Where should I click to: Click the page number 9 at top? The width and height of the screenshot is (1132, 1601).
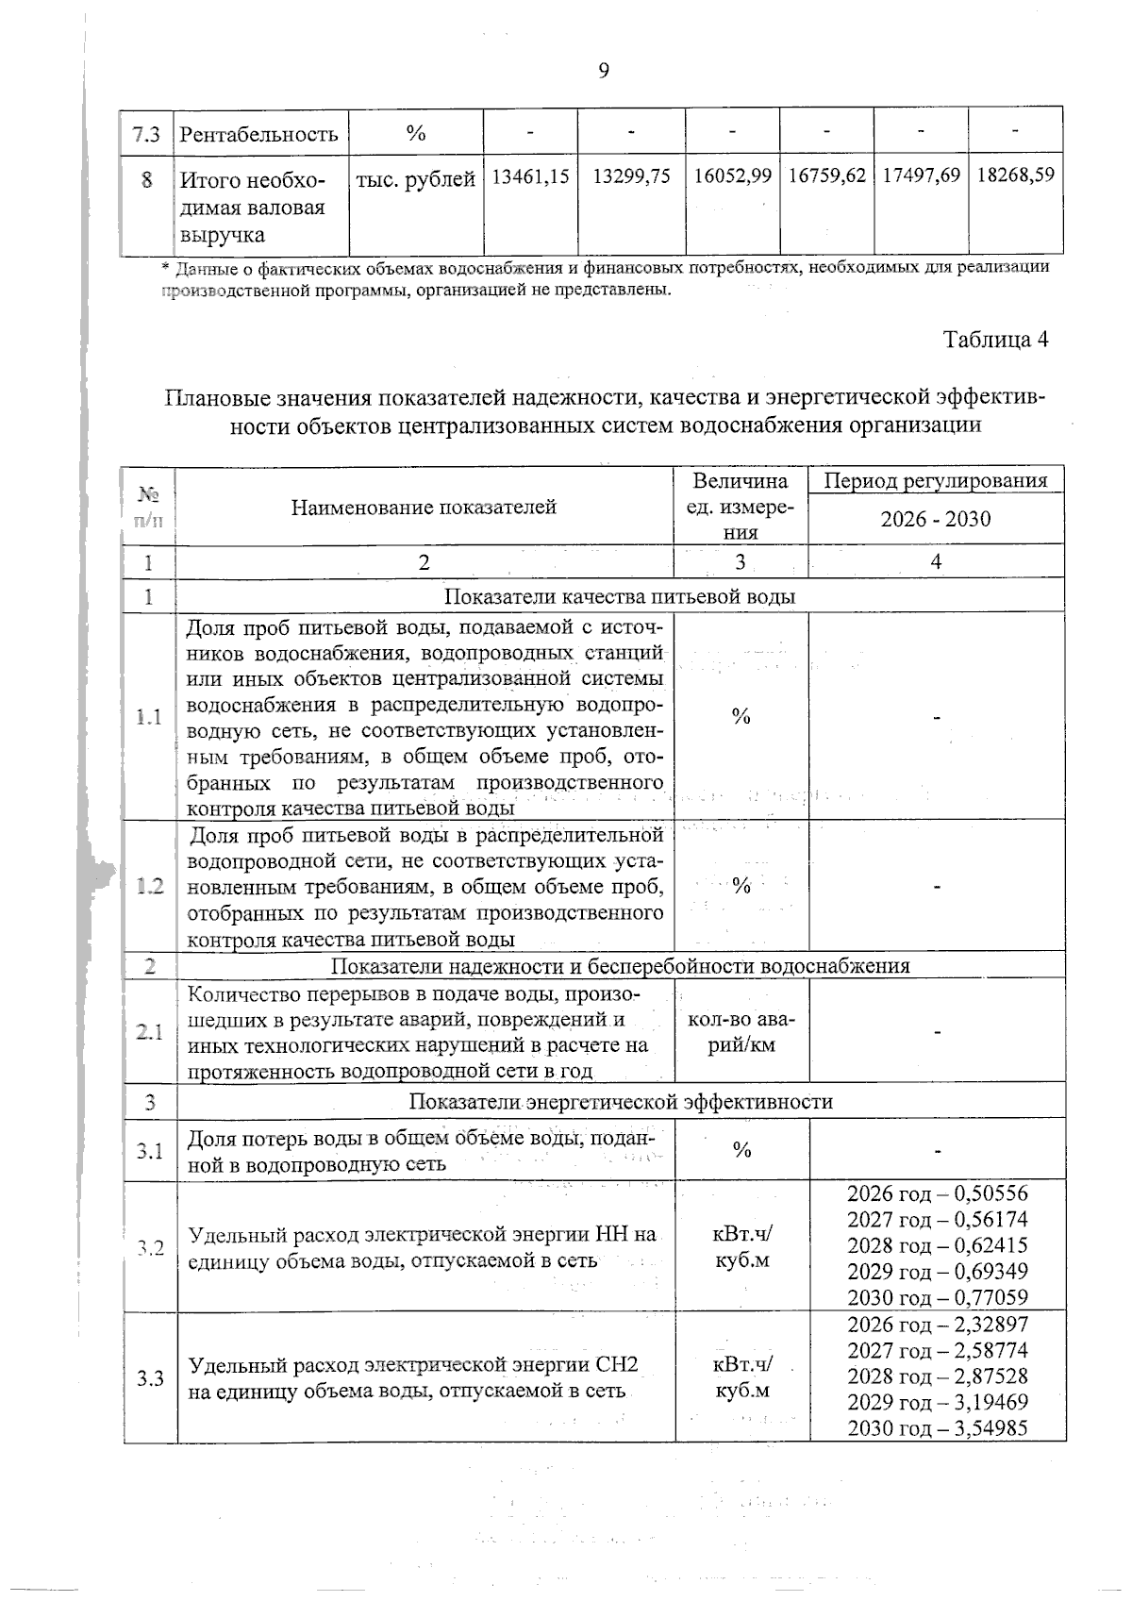click(604, 71)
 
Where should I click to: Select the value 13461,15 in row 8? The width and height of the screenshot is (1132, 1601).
click(529, 176)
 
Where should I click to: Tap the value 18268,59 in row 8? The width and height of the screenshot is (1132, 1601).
click(1015, 175)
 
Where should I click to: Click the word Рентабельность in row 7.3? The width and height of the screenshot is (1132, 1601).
click(258, 134)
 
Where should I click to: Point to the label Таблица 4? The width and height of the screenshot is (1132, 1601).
click(996, 340)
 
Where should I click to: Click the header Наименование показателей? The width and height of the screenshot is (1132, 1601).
click(424, 507)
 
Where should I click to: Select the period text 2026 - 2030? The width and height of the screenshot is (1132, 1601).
click(936, 519)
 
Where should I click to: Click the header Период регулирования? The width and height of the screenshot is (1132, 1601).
click(936, 480)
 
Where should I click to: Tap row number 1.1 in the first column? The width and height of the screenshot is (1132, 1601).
click(148, 717)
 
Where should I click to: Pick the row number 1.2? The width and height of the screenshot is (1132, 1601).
click(149, 887)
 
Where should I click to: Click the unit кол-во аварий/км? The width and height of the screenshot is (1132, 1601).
click(741, 1032)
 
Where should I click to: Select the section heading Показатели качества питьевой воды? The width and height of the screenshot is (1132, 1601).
click(620, 596)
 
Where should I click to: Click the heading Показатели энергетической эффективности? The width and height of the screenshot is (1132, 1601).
click(621, 1102)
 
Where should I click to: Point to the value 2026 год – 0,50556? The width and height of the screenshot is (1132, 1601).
click(937, 1192)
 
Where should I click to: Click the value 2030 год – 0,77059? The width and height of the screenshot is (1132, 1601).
click(937, 1297)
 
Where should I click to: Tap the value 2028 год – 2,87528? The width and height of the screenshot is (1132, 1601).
click(937, 1376)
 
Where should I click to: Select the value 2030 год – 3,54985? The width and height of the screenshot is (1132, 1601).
click(937, 1427)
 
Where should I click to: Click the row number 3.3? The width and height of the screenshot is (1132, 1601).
click(149, 1378)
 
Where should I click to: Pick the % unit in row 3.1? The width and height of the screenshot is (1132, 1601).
click(741, 1150)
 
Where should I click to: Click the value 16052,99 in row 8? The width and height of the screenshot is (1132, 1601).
click(733, 176)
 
